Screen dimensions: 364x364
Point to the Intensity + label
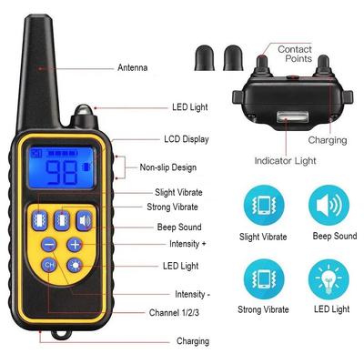pos(188,244)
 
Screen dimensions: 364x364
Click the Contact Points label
pos(295,54)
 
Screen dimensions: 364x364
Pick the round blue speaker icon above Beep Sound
pos(331,205)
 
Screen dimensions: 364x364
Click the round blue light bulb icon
pos(331,278)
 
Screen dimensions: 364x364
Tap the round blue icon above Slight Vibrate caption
pos(264,205)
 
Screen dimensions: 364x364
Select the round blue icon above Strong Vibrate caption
pos(264,278)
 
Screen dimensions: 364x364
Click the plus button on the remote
pos(75,245)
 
